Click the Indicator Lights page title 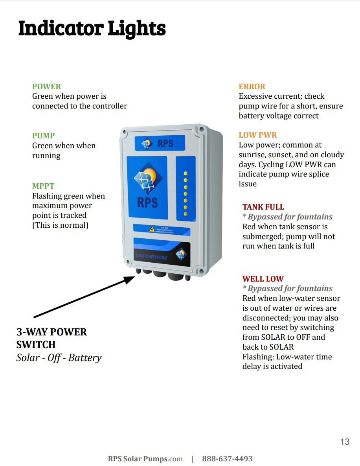point(92,29)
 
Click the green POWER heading point(46,87)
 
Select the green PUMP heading point(43,136)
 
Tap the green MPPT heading point(43,186)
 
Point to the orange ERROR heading point(252,87)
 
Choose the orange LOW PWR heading point(258,135)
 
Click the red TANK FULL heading point(263,207)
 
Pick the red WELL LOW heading point(263,279)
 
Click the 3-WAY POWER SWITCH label point(51,338)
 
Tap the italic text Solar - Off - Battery point(59,358)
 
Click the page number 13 point(345,442)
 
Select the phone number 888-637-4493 point(227,459)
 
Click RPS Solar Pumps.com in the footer point(145,459)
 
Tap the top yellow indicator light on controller point(186,173)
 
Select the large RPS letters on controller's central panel point(147,202)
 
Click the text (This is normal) point(60,225)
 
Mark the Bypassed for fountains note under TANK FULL point(287,217)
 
